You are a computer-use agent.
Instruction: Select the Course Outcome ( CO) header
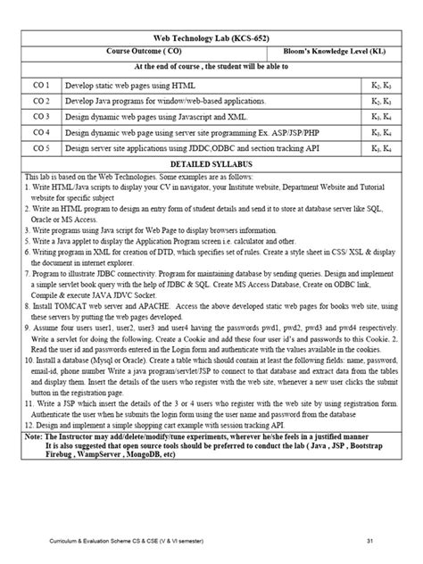coord(147,53)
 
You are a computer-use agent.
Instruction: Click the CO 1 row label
coord(41,84)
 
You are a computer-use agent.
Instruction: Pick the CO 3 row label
coord(41,116)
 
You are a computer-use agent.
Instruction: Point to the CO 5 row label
coord(41,147)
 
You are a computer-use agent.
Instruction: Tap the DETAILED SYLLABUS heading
coord(211,166)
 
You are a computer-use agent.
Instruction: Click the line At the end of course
coord(211,67)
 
